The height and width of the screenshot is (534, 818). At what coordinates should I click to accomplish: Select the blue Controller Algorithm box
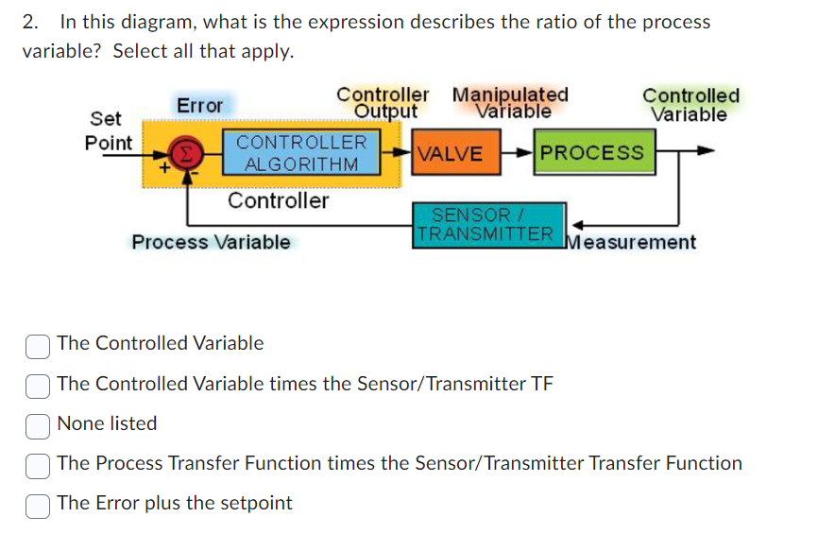(301, 153)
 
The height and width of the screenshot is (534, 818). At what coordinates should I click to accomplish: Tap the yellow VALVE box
(450, 154)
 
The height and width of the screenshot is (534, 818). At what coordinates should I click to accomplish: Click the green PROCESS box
(592, 153)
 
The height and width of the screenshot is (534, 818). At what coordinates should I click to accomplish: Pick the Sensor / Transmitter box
(487, 225)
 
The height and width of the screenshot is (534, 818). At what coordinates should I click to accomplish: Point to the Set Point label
(107, 130)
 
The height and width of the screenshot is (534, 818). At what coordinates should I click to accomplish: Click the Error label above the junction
(199, 105)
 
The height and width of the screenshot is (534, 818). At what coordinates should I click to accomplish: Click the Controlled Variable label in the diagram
(690, 105)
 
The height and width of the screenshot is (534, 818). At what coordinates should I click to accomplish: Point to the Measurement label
(631, 242)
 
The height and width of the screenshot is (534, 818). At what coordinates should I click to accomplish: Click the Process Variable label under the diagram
(212, 242)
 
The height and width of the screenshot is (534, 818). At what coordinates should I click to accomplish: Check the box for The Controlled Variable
(37, 345)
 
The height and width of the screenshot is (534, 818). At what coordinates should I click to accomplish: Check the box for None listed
(37, 424)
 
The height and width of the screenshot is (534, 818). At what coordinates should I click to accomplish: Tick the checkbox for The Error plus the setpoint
(37, 504)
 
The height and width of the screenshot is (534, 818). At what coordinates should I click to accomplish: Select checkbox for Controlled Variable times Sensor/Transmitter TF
(37, 385)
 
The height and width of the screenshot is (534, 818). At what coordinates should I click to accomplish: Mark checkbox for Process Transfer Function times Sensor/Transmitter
(37, 464)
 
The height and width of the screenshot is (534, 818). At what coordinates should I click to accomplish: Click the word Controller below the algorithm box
(278, 200)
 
